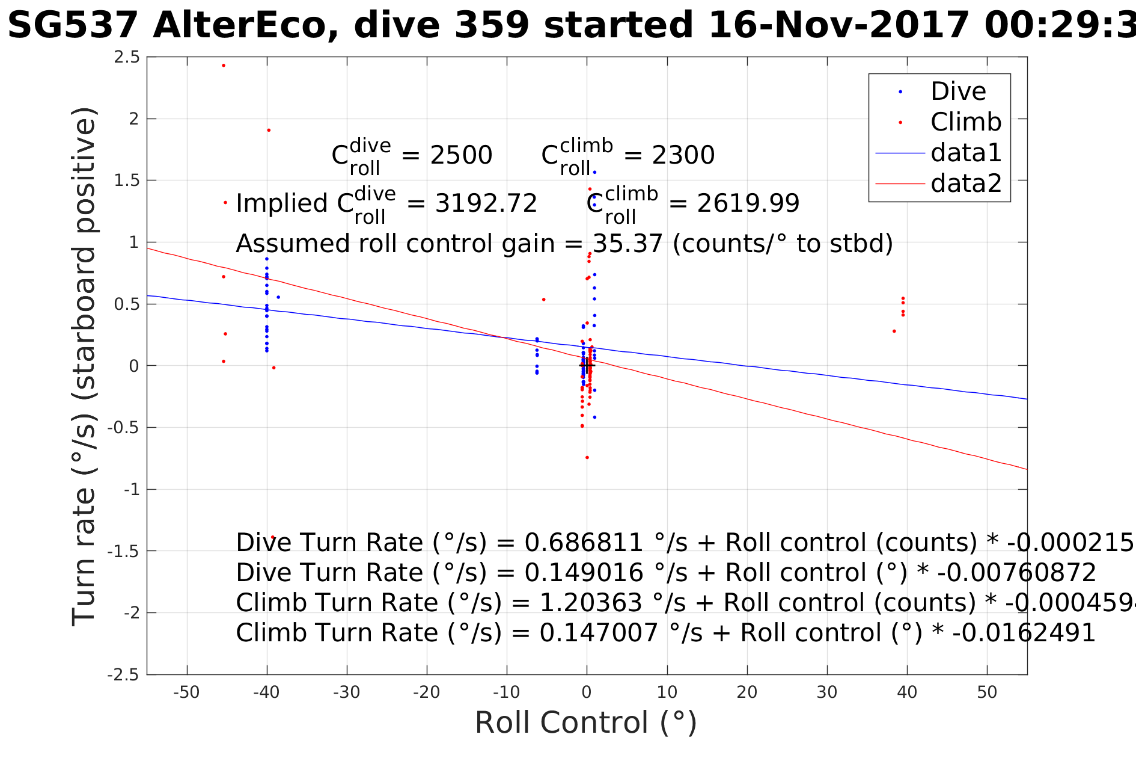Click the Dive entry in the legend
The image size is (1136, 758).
[x=958, y=92]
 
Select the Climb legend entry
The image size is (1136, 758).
[x=966, y=123]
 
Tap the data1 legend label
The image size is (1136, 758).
[x=966, y=153]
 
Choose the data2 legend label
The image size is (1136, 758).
[x=966, y=183]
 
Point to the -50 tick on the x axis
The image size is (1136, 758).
[x=186, y=692]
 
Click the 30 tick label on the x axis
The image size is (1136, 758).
[x=827, y=692]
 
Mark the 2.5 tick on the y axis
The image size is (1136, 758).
[x=127, y=58]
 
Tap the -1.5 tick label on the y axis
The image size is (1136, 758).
[x=123, y=552]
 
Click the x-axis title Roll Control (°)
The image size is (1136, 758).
[x=586, y=723]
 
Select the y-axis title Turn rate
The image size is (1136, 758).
[x=84, y=367]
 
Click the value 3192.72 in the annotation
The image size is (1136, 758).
[x=486, y=204]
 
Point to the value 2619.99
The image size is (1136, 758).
[x=748, y=204]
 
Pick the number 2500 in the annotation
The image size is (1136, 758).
[x=461, y=156]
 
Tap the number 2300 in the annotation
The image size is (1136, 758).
[x=683, y=156]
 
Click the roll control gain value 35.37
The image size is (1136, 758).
[x=628, y=244]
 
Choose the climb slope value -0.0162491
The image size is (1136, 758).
[x=1016, y=633]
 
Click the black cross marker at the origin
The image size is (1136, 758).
[x=587, y=365]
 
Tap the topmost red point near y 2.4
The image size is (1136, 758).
[x=224, y=66]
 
